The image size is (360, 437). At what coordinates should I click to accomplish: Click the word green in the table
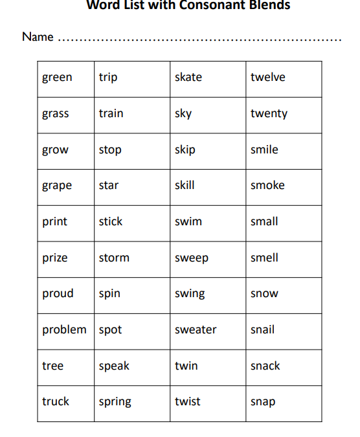coord(57,78)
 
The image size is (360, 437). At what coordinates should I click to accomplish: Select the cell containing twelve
coord(267,78)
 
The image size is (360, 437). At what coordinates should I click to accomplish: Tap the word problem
coord(64,330)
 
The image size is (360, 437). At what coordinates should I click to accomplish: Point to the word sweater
coord(196,330)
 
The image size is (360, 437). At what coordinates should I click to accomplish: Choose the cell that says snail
coord(262,330)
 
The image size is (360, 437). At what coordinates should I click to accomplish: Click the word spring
coord(115,402)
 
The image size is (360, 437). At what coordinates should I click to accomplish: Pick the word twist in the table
coord(188,402)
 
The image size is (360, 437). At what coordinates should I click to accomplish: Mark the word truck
coord(56,402)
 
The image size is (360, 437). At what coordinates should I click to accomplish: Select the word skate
coord(188,78)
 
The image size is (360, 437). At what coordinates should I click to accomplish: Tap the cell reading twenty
coord(269,114)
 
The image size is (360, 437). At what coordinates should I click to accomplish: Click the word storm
coord(114,258)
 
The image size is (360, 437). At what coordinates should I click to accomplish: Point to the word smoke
coord(267,186)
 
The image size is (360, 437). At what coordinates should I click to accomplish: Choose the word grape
coord(57,186)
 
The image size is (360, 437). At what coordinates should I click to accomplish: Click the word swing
coord(190,294)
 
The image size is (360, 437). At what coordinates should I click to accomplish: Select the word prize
coord(55,258)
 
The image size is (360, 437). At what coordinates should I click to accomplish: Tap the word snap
coord(263,402)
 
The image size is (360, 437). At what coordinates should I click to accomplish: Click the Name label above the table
coord(38,37)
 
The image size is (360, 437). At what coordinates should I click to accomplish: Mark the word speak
coord(114,366)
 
